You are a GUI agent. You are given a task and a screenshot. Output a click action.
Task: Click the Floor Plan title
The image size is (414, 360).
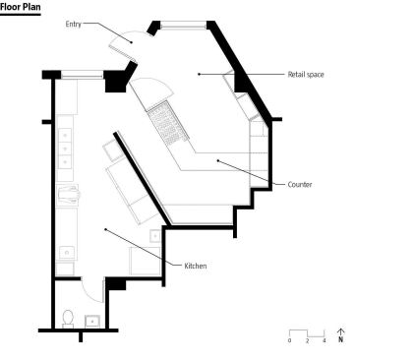[21, 7]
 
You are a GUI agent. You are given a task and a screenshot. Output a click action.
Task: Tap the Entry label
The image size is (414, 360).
[73, 24]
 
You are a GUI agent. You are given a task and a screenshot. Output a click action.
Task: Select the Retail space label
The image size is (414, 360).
[306, 75]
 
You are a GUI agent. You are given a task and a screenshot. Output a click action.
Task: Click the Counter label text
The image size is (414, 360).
[300, 184]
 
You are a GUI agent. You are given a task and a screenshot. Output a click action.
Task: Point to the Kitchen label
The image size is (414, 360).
[196, 266]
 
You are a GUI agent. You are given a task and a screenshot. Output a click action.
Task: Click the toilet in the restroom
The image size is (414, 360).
[68, 319]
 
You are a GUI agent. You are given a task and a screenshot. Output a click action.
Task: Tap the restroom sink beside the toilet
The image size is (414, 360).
[92, 322]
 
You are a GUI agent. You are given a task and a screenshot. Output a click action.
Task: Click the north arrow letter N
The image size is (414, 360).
[341, 339]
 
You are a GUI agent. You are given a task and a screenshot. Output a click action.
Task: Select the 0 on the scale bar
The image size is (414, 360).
[289, 341]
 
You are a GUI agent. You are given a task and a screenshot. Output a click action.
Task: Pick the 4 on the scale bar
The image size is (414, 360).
[325, 341]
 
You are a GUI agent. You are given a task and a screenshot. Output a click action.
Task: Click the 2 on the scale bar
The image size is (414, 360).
[307, 341]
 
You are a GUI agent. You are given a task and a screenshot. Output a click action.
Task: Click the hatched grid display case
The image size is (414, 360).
[168, 124]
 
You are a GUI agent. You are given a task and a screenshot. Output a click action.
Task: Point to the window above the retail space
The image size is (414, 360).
[183, 25]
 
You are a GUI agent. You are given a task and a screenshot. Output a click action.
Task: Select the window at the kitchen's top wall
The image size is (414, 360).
[83, 75]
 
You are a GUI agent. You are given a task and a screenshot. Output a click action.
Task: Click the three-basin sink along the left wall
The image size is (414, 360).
[65, 149]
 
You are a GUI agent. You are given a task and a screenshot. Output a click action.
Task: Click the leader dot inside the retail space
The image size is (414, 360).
[199, 75]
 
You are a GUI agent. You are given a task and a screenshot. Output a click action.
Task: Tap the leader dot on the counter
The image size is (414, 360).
[217, 160]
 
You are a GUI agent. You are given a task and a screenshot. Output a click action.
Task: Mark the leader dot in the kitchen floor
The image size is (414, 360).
[105, 229]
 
